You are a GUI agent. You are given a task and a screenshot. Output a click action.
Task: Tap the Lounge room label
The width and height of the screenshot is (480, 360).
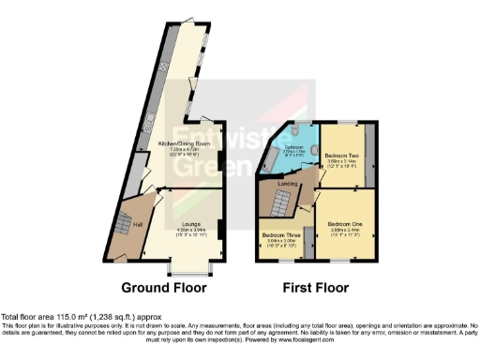tap(190, 223)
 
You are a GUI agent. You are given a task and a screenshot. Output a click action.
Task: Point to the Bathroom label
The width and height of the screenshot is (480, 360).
tap(293, 147)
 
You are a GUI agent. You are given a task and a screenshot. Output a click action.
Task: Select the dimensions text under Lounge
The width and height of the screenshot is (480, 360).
tap(190, 232)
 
